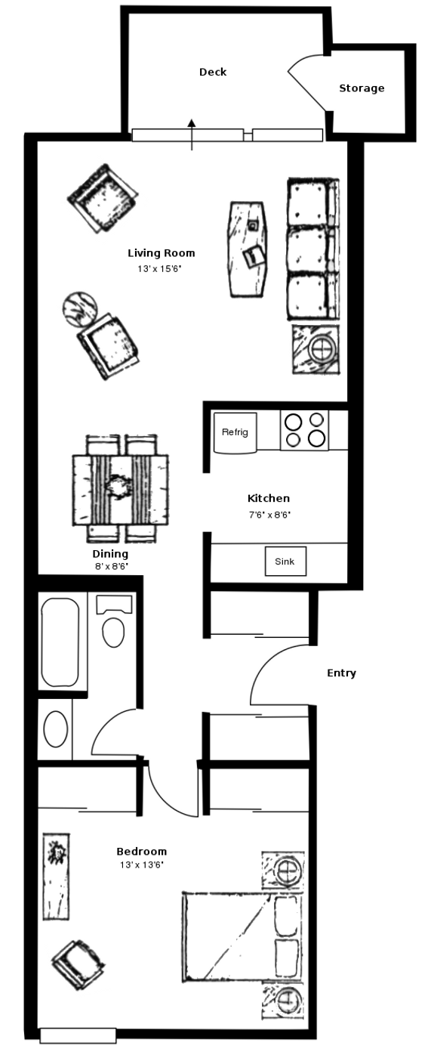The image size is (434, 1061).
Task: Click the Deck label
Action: click(213, 72)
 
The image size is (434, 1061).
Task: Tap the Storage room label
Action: click(362, 88)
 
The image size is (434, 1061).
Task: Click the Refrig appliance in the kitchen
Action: click(235, 432)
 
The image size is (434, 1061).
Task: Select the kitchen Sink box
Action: click(285, 561)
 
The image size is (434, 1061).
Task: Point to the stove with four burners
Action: click(304, 430)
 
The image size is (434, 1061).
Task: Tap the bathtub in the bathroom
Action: click(60, 642)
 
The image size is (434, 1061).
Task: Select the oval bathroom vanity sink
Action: click(56, 729)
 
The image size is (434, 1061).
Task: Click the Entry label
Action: click(341, 673)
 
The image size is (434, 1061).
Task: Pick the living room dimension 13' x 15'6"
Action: click(160, 269)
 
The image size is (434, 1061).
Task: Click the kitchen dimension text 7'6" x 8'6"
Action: click(269, 515)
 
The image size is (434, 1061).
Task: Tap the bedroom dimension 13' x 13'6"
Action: click(142, 865)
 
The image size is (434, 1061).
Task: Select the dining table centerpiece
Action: click(119, 486)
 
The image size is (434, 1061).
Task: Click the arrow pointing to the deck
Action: click(192, 135)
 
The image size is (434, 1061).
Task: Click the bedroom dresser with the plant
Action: click(57, 877)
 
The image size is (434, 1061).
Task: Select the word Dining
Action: click(110, 554)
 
